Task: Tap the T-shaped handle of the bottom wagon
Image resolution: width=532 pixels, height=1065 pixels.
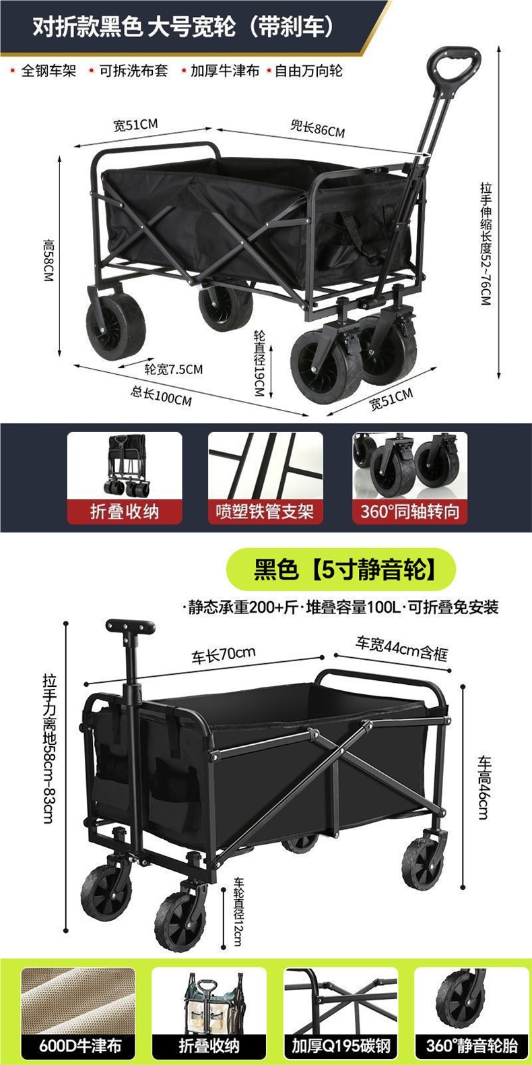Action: point(130,627)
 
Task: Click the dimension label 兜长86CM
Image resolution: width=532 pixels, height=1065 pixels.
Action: point(317,128)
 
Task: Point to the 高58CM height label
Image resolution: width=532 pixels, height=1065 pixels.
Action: point(48,260)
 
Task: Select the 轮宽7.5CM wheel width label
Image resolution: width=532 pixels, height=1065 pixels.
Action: point(174,369)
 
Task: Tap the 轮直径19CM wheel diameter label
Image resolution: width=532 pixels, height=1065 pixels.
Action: point(259,363)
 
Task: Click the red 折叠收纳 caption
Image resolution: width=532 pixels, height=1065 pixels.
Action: point(125,511)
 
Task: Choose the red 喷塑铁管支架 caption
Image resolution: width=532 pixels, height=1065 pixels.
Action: point(265,511)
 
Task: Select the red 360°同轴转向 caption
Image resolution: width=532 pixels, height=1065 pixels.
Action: point(409,511)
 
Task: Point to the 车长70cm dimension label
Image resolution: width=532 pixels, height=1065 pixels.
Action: point(224,655)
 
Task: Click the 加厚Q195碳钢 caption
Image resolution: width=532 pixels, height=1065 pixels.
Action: point(341,1046)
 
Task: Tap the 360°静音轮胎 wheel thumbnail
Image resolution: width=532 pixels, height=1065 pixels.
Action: point(471,1000)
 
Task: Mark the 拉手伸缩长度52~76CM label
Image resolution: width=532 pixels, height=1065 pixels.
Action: point(486,243)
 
